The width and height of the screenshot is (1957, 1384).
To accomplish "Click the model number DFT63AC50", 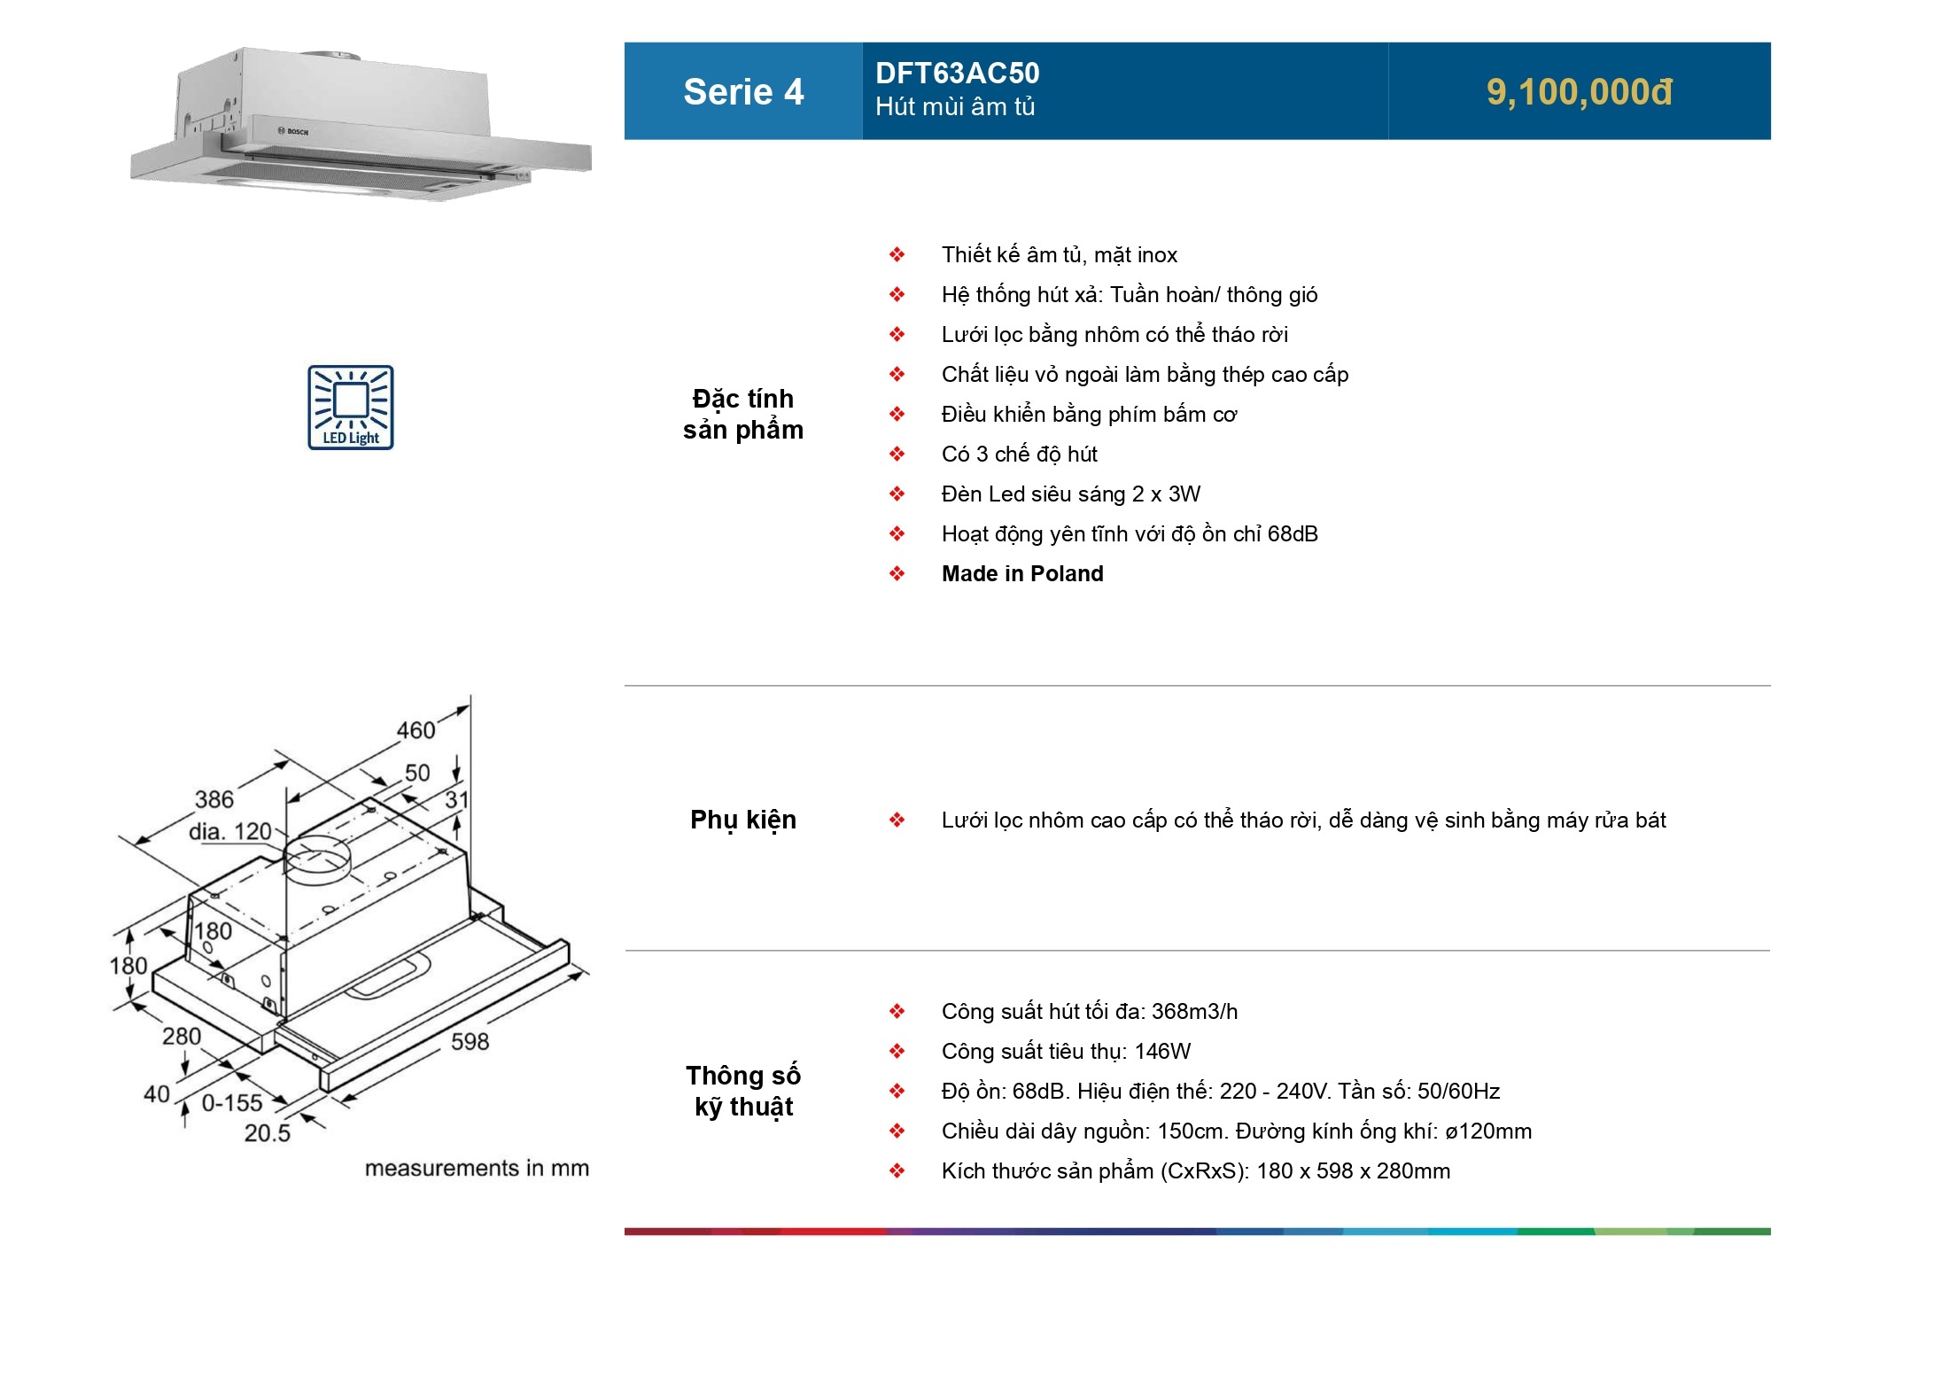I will tap(957, 73).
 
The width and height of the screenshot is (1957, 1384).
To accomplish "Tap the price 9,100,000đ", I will tap(1579, 92).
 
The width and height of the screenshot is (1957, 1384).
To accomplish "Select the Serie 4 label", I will tap(743, 92).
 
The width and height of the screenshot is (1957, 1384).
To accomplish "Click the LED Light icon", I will tap(351, 408).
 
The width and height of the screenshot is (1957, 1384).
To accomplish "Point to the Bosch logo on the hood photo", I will tap(294, 132).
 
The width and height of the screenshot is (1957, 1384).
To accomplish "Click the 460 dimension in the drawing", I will tap(415, 730).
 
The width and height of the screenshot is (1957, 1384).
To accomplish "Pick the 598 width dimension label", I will tap(470, 1042).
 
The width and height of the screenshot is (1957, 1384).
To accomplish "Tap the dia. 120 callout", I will tap(230, 832).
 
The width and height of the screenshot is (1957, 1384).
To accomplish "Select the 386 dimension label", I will tap(214, 799).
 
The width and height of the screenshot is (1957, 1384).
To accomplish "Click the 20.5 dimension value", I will tap(267, 1133).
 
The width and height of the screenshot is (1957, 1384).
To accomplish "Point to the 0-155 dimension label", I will tap(232, 1103).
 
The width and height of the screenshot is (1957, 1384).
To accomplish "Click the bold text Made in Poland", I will tap(1022, 574).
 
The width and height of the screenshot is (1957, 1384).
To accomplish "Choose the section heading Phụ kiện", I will tap(743, 820).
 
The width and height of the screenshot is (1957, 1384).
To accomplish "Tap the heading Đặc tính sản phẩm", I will tap(743, 414).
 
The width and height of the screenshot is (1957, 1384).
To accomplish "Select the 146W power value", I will tap(1162, 1052).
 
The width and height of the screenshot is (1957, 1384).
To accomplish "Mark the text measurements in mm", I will tap(477, 1169).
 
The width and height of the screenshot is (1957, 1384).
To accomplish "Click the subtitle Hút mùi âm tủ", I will tap(955, 107).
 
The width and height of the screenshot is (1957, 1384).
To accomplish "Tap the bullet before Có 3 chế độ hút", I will tap(897, 455).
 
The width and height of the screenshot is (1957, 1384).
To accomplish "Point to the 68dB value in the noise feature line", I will tap(1293, 534).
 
